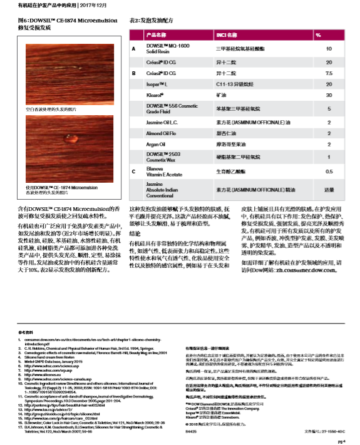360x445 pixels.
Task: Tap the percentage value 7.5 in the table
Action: pyautogui.click(x=328, y=73)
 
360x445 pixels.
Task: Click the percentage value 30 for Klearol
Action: pyautogui.click(x=328, y=95)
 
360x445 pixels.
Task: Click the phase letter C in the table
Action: pyautogui.click(x=133, y=170)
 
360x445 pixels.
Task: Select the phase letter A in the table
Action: pyautogui.click(x=133, y=48)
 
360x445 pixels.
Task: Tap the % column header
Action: pyautogui.click(x=319, y=35)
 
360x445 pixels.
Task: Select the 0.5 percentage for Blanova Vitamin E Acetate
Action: pyautogui.click(x=328, y=170)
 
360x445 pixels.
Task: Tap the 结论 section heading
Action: pyautogui.click(x=135, y=233)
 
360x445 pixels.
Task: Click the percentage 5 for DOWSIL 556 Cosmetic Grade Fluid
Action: pyautogui.click(x=328, y=109)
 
